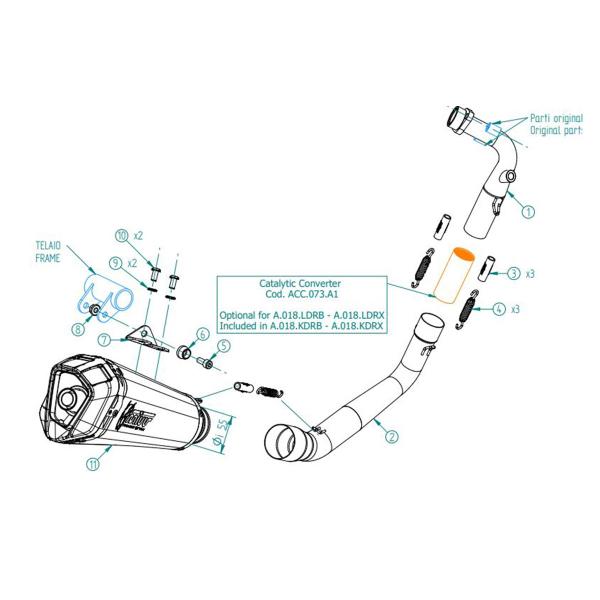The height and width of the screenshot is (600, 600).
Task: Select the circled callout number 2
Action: [x=392, y=435]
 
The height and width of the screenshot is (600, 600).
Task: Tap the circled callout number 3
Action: [x=513, y=272]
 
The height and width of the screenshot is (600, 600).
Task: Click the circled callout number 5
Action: [x=223, y=345]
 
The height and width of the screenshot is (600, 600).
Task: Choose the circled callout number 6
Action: [x=203, y=334]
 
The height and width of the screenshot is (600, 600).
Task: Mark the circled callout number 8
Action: [x=77, y=328]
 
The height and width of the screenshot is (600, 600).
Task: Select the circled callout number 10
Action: [x=122, y=236]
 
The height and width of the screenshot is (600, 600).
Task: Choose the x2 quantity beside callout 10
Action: [x=140, y=236]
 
